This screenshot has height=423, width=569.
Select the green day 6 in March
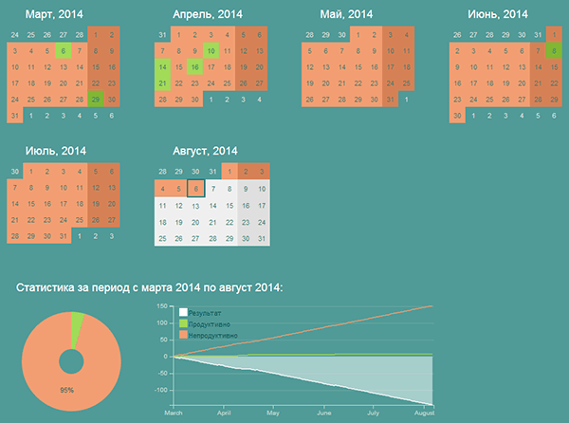pos(63,50)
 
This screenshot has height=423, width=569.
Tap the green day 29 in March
pos(96,99)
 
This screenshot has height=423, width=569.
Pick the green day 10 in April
pos(211,50)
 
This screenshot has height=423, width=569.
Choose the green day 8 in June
pos(554,50)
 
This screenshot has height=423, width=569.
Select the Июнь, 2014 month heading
pos(498,14)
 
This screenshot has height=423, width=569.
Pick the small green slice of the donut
pos(77,325)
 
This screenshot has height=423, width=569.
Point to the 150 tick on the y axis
pos(162,306)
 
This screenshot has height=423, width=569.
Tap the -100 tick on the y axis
pos(160,390)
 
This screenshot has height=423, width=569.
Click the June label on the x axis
pos(324,414)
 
